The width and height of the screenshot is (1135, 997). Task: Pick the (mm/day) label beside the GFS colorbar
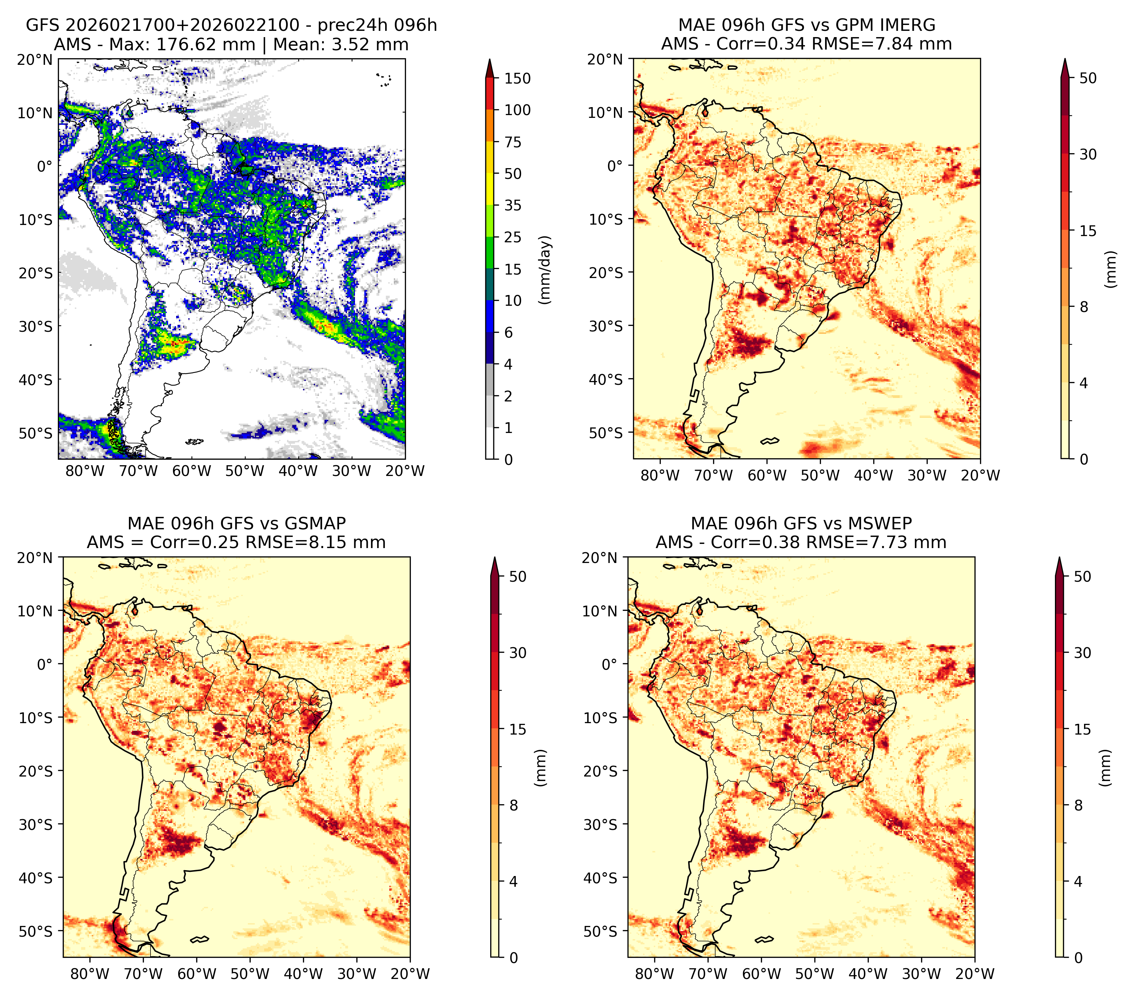pyautogui.click(x=546, y=270)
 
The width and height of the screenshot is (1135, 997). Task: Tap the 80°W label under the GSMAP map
pyautogui.click(x=90, y=974)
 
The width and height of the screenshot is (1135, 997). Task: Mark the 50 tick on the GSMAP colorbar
pyautogui.click(x=518, y=576)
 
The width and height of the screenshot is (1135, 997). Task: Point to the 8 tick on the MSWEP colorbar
pyautogui.click(x=1078, y=806)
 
